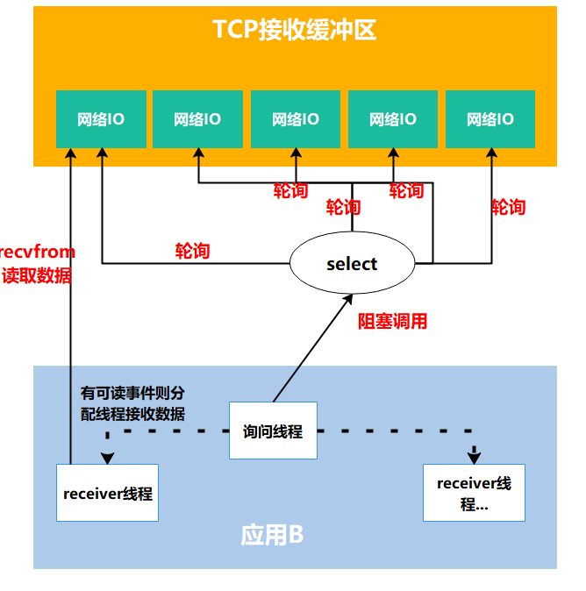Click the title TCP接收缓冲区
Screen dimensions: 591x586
[x=295, y=30]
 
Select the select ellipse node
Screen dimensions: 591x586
[x=351, y=264]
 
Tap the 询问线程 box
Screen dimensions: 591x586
[x=273, y=431]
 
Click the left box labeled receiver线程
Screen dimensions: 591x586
[x=107, y=493]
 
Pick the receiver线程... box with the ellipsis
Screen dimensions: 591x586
[x=474, y=494]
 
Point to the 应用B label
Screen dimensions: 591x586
[x=272, y=535]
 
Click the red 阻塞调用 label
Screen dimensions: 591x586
[x=392, y=322]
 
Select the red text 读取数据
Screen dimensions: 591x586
[x=38, y=275]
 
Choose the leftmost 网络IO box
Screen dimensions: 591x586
[x=100, y=118]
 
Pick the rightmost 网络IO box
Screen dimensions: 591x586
[x=490, y=118]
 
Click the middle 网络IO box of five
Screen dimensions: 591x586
[x=295, y=118]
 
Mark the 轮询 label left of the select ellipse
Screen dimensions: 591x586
[x=192, y=251]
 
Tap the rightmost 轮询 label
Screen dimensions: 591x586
[x=508, y=207]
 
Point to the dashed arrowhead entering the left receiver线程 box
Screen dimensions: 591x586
[x=107, y=458]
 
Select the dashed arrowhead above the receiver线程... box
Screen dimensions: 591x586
[x=474, y=457]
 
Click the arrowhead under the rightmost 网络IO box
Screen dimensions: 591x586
[x=490, y=154]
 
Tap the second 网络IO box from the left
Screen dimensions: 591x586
[x=197, y=118]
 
